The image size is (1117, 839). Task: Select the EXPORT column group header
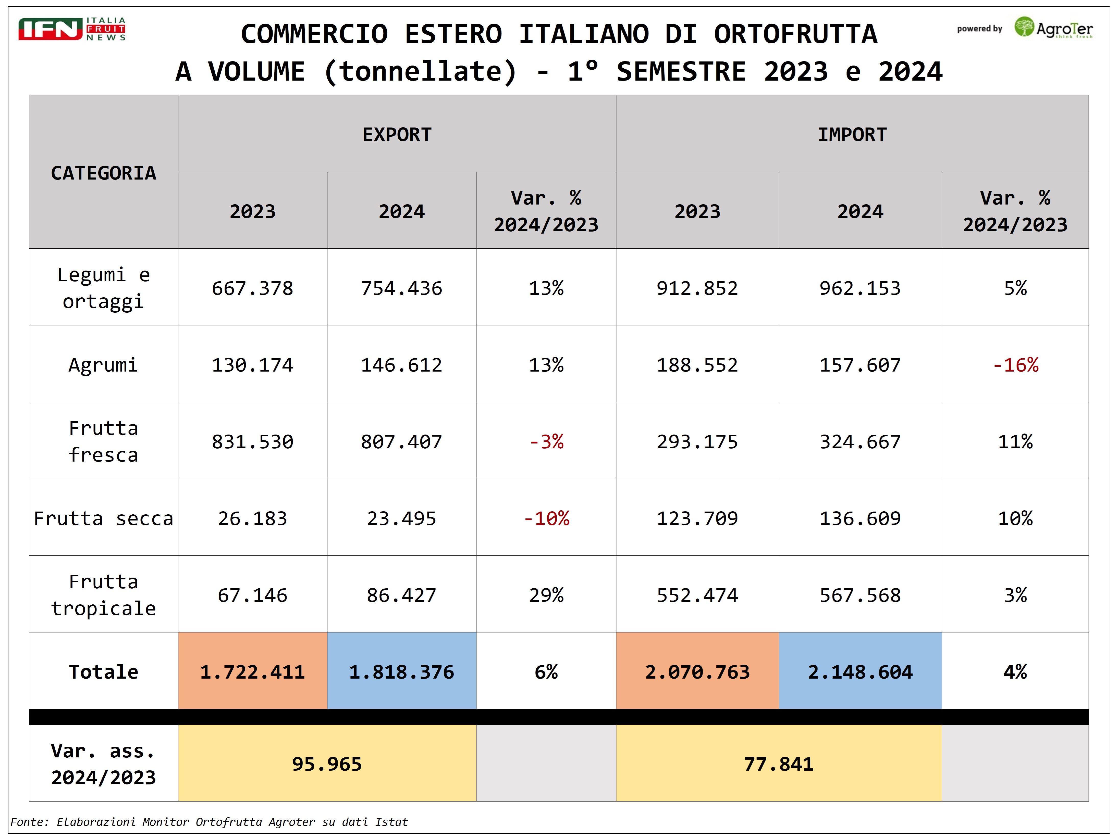(x=397, y=134)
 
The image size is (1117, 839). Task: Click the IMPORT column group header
(x=852, y=134)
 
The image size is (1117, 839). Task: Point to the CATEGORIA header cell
(x=104, y=173)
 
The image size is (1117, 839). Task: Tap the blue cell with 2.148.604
(x=860, y=672)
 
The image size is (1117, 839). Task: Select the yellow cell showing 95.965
(x=327, y=764)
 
